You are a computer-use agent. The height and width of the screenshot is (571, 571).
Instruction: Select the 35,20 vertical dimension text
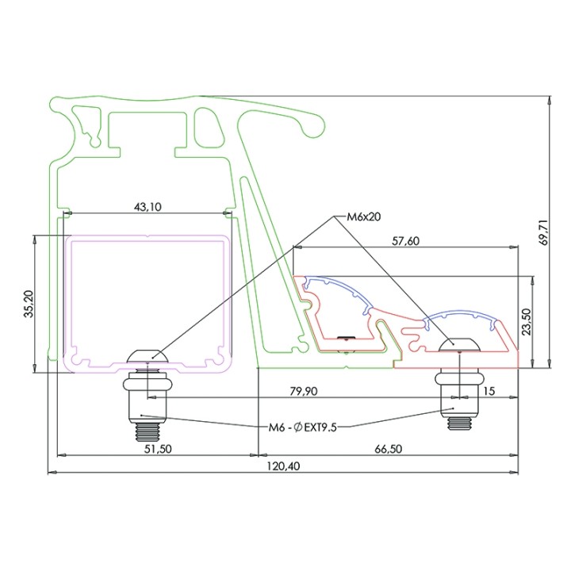coord(29,302)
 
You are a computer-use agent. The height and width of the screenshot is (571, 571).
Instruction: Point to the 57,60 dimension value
coord(406,241)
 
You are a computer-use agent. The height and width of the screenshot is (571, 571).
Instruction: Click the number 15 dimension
coord(487,391)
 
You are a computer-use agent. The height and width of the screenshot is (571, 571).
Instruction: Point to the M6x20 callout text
coord(364,216)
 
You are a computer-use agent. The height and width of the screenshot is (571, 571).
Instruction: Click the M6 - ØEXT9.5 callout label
coord(304,427)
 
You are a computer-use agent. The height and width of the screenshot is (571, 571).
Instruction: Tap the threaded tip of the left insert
coord(146,433)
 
